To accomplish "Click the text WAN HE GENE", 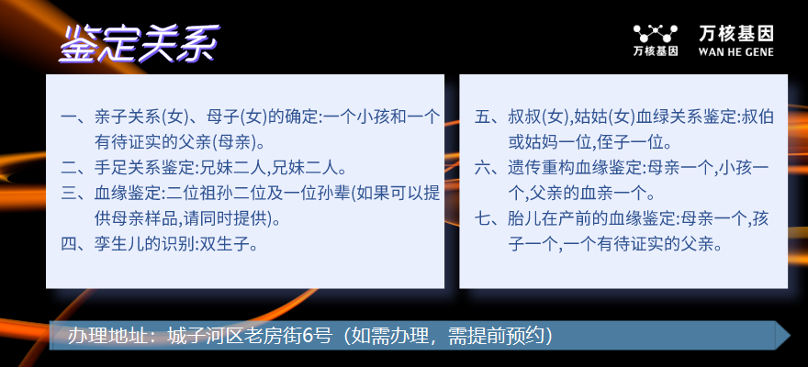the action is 735,51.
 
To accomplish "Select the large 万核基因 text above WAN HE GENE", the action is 735,34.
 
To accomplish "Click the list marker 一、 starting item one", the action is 76,117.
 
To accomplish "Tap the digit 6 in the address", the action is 308,336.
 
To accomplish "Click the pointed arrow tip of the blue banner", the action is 790,336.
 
